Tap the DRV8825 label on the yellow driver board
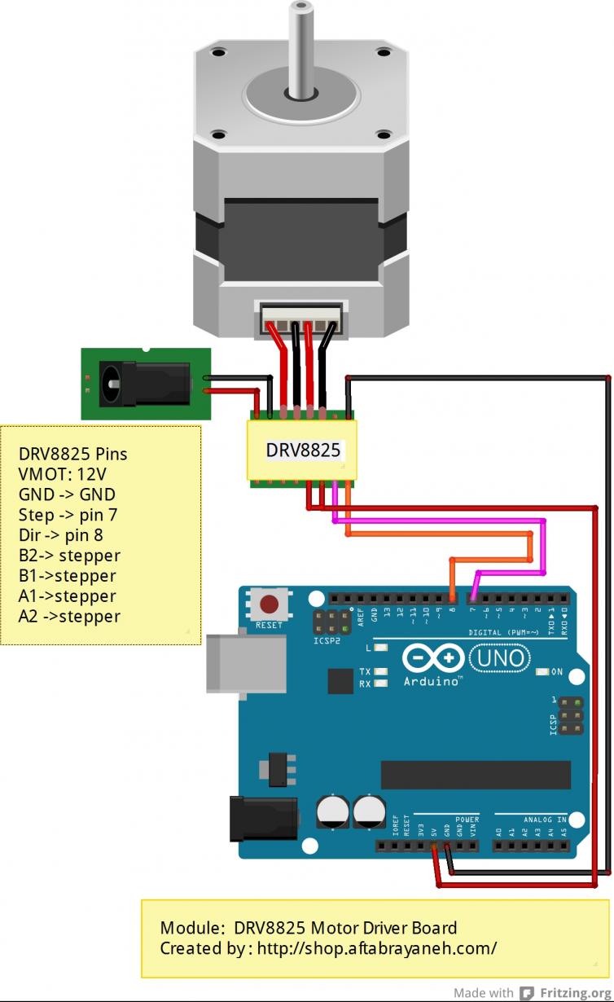(x=303, y=450)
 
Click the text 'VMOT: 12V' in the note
(x=63, y=474)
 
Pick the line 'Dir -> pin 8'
(x=60, y=535)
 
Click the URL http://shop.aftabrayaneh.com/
(x=377, y=948)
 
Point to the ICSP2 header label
(x=328, y=639)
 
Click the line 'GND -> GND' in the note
(x=67, y=494)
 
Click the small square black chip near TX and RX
(x=340, y=681)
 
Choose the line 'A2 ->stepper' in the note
(x=69, y=617)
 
